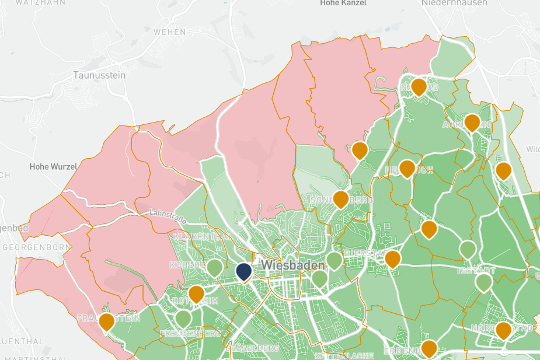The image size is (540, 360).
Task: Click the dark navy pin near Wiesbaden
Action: (244, 272)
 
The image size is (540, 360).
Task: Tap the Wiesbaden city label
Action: (292, 265)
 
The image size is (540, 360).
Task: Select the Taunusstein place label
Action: (99, 75)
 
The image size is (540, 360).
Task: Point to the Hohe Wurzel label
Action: (53, 167)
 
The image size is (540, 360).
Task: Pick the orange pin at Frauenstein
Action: (106, 321)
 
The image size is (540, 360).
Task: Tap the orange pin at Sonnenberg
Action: (340, 199)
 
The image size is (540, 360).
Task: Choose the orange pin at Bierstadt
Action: (392, 259)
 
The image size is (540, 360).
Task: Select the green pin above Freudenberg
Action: (183, 319)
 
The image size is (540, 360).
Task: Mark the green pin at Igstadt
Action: (483, 283)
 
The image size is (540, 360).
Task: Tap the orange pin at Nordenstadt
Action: (503, 330)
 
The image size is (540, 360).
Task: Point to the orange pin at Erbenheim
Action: (429, 349)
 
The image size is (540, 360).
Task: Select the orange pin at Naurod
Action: (419, 88)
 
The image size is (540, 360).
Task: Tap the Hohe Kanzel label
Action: (343, 3)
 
